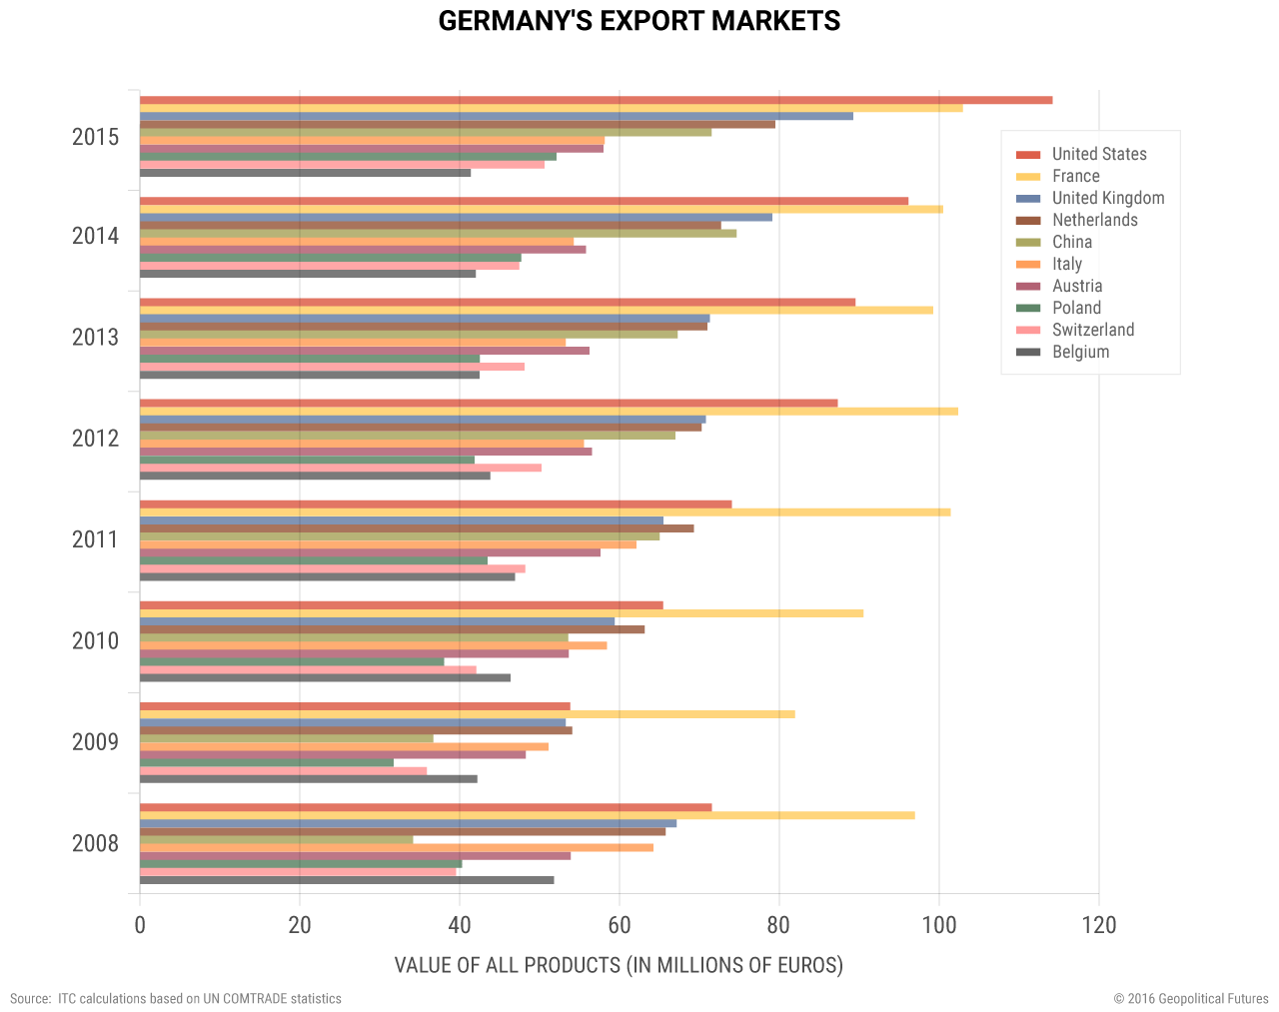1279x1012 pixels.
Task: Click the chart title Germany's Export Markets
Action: coord(639,21)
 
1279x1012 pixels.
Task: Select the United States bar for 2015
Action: coord(596,100)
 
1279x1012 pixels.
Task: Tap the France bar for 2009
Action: coord(467,714)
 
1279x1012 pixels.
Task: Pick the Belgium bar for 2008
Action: coord(347,880)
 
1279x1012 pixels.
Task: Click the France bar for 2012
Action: coord(549,412)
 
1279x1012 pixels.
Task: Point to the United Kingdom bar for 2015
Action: coord(496,116)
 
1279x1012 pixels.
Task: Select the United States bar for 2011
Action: coord(436,505)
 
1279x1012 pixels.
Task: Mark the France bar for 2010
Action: coord(501,613)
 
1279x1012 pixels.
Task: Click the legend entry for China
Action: coord(1072,242)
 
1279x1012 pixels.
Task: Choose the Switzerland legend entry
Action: coord(1092,330)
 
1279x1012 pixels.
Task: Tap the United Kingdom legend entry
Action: coord(1107,198)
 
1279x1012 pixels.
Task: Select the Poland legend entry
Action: coord(1076,308)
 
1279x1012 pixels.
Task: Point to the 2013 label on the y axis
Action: coord(95,338)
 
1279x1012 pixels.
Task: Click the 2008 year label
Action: coord(95,844)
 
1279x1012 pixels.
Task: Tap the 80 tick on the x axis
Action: coord(779,925)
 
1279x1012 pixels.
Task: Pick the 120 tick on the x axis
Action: coord(1099,925)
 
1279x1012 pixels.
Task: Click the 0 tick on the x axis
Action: coord(140,925)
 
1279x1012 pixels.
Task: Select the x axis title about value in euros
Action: coord(619,965)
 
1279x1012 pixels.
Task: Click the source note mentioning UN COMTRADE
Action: coord(176,999)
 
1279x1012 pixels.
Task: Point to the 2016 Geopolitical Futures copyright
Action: coord(1191,999)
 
